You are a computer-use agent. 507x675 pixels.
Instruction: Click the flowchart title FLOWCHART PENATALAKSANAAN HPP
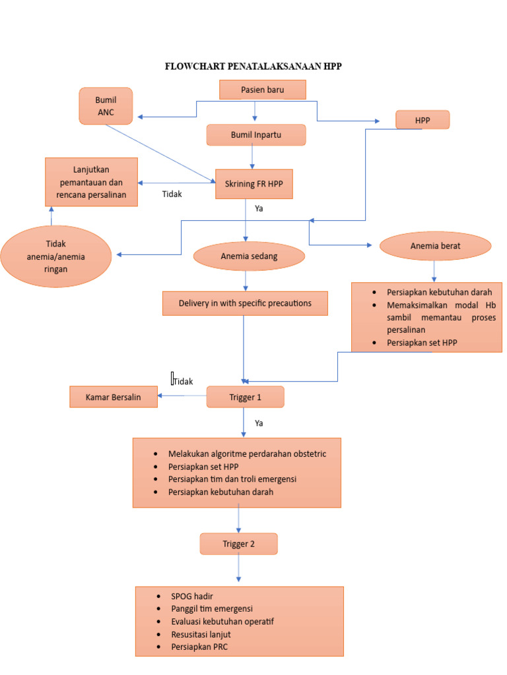[253, 67]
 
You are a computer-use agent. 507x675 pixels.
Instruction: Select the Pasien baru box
[262, 90]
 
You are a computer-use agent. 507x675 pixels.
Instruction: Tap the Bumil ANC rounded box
[106, 105]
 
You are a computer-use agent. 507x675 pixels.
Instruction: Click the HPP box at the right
[422, 120]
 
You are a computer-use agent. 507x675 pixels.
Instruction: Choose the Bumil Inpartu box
[255, 135]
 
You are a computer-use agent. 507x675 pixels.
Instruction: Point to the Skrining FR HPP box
[253, 184]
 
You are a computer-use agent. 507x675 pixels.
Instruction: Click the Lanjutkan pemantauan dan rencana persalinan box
[91, 182]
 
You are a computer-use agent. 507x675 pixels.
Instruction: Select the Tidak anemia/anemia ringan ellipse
[56, 256]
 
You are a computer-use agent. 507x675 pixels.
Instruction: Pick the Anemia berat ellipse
[435, 246]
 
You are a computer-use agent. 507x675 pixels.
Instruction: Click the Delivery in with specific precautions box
[245, 303]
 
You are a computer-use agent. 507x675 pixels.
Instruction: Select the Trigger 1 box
[245, 397]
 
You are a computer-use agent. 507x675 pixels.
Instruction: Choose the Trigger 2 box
[238, 544]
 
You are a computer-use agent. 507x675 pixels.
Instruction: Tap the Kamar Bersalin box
[114, 397]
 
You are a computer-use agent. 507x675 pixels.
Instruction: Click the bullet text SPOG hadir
[192, 597]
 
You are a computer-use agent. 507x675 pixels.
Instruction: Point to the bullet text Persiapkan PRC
[199, 647]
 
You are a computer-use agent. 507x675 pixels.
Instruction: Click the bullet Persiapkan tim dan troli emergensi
[232, 479]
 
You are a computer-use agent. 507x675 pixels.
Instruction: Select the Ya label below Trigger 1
[259, 423]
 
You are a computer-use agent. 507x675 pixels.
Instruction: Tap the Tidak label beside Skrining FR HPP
[172, 194]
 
